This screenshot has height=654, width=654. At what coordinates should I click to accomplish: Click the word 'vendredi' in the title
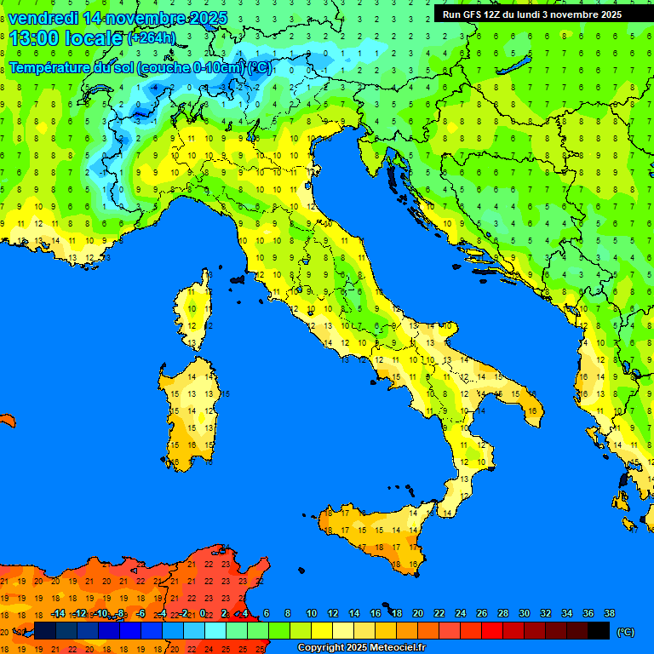(x=43, y=18)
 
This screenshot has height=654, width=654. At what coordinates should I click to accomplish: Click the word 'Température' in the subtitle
(x=51, y=67)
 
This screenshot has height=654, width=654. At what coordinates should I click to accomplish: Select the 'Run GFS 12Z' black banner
(x=531, y=14)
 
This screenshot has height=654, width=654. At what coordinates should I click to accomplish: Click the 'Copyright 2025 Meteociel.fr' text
(x=361, y=647)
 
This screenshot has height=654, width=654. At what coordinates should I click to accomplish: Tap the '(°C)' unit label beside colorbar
(x=625, y=631)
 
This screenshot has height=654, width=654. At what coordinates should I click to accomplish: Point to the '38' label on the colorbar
(x=609, y=613)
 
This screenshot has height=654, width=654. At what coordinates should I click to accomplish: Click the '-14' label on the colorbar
(x=58, y=613)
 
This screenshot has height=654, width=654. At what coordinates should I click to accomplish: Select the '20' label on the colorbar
(x=418, y=613)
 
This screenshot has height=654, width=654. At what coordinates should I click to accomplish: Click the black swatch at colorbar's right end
(x=599, y=631)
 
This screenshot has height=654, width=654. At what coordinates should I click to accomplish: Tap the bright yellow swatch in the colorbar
(x=322, y=631)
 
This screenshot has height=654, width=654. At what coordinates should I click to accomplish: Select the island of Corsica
(x=196, y=311)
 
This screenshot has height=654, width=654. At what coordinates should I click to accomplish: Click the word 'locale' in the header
(x=94, y=38)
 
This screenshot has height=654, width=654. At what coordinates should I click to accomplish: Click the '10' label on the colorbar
(x=312, y=613)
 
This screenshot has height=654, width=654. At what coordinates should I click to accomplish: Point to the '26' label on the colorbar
(x=481, y=613)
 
